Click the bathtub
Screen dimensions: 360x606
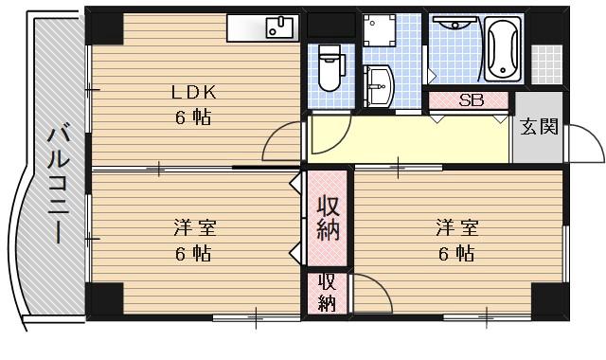pos(505,48)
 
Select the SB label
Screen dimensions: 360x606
pos(471,99)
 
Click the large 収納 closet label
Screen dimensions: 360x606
pos(328,217)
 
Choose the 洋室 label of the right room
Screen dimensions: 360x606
pos(456,228)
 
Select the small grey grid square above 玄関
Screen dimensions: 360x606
pos(545,61)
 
